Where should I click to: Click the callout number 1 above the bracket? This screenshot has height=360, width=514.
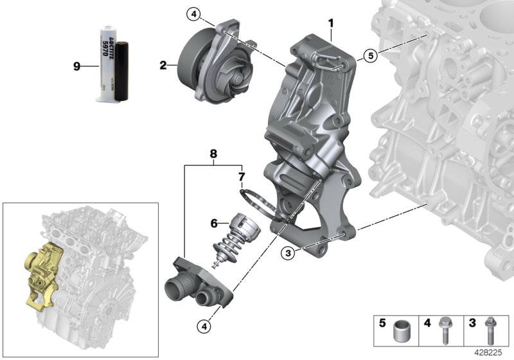331,24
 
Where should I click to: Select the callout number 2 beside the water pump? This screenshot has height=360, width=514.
164,64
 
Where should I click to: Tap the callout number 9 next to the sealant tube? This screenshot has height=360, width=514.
76,66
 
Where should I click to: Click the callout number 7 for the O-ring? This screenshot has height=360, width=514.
242,175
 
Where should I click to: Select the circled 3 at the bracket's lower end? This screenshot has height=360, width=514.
289,253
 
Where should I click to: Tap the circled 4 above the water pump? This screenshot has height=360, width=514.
194,14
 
